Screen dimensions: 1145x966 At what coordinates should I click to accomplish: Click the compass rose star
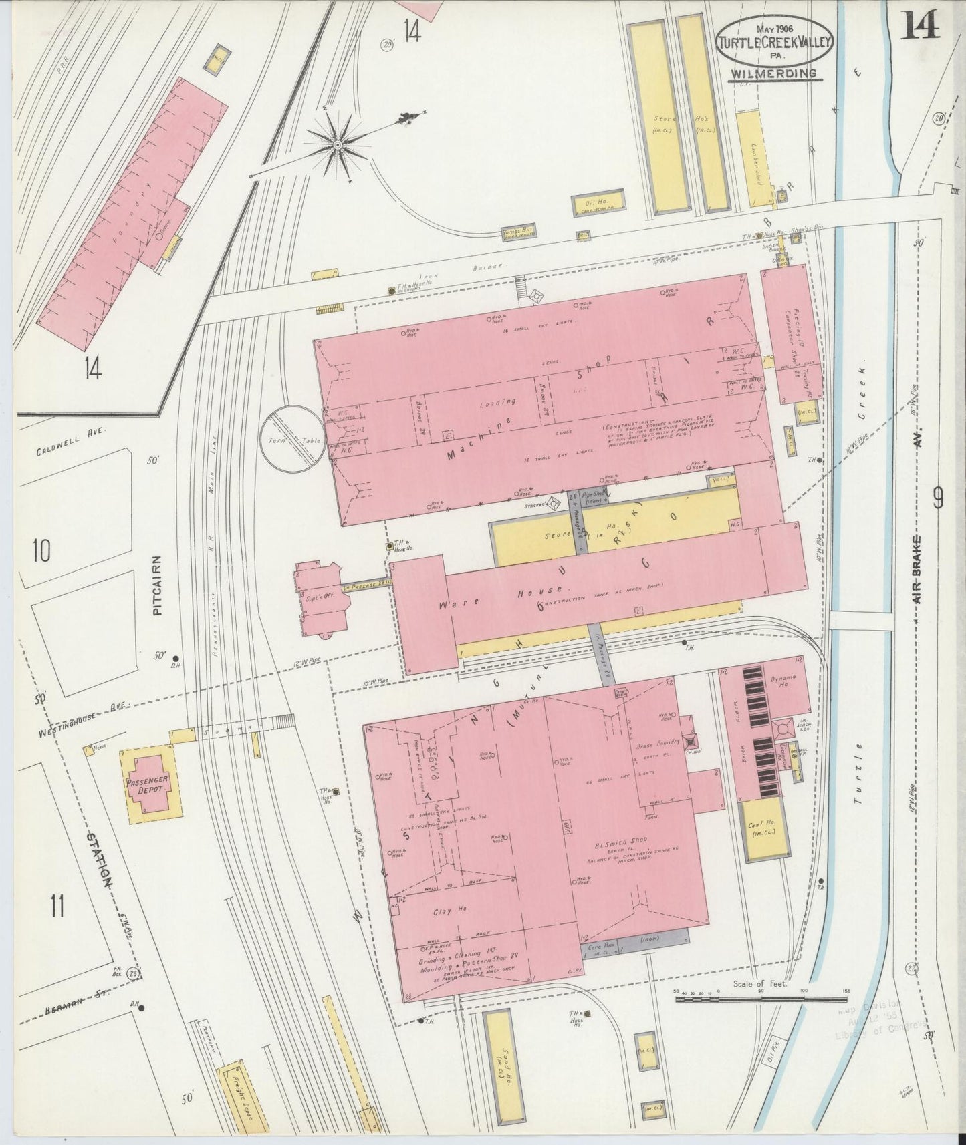[338, 144]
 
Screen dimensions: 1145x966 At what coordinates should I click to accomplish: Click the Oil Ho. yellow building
[598, 202]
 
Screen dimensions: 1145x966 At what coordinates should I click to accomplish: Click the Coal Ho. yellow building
[764, 830]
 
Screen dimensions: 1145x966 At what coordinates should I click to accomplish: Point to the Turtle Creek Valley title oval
[773, 42]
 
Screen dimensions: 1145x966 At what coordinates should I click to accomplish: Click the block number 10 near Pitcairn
[41, 551]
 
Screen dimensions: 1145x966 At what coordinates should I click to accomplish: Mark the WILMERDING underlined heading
[773, 73]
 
